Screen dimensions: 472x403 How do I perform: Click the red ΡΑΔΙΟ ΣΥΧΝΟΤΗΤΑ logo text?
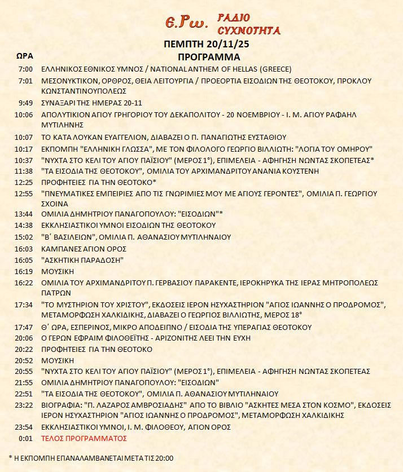click(x=248, y=23)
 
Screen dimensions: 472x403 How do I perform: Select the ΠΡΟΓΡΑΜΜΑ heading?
click(x=208, y=57)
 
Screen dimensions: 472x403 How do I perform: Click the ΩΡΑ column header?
click(x=25, y=56)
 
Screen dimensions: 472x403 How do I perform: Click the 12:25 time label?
click(x=24, y=182)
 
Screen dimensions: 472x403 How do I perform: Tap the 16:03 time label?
click(x=24, y=249)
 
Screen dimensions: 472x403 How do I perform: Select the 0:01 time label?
click(x=27, y=438)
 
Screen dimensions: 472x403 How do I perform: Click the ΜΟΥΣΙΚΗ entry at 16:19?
click(x=59, y=271)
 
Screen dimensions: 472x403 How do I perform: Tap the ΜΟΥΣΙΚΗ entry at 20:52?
click(x=59, y=360)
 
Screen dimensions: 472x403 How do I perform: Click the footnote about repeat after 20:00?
click(x=91, y=457)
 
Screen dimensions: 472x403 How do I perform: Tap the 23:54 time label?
click(x=24, y=427)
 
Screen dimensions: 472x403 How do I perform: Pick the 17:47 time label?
click(x=24, y=327)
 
